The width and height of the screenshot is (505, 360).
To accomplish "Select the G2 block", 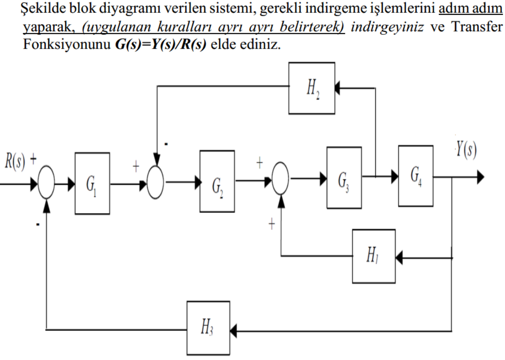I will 217,181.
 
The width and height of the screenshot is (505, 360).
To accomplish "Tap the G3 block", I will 344,177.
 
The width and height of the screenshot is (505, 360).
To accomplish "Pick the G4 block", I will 416,176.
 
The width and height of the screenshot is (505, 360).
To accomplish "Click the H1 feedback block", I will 373,256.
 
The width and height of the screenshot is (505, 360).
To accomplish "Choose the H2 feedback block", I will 311,88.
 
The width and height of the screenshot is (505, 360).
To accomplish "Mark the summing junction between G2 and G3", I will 281,179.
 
